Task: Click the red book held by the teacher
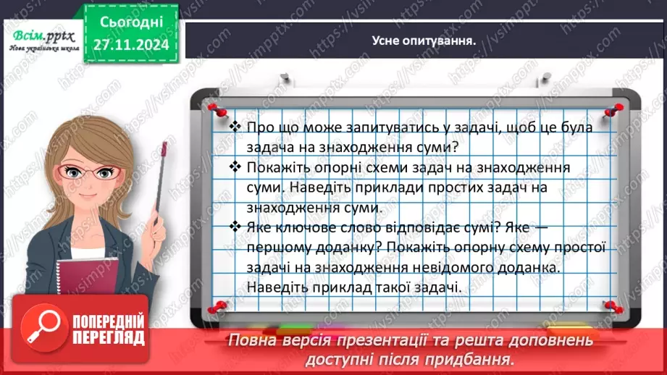click(84, 267)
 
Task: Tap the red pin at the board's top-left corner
click(215, 108)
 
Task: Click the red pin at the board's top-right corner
click(616, 108)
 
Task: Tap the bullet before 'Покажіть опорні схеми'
click(234, 167)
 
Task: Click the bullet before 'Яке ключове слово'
click(234, 227)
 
